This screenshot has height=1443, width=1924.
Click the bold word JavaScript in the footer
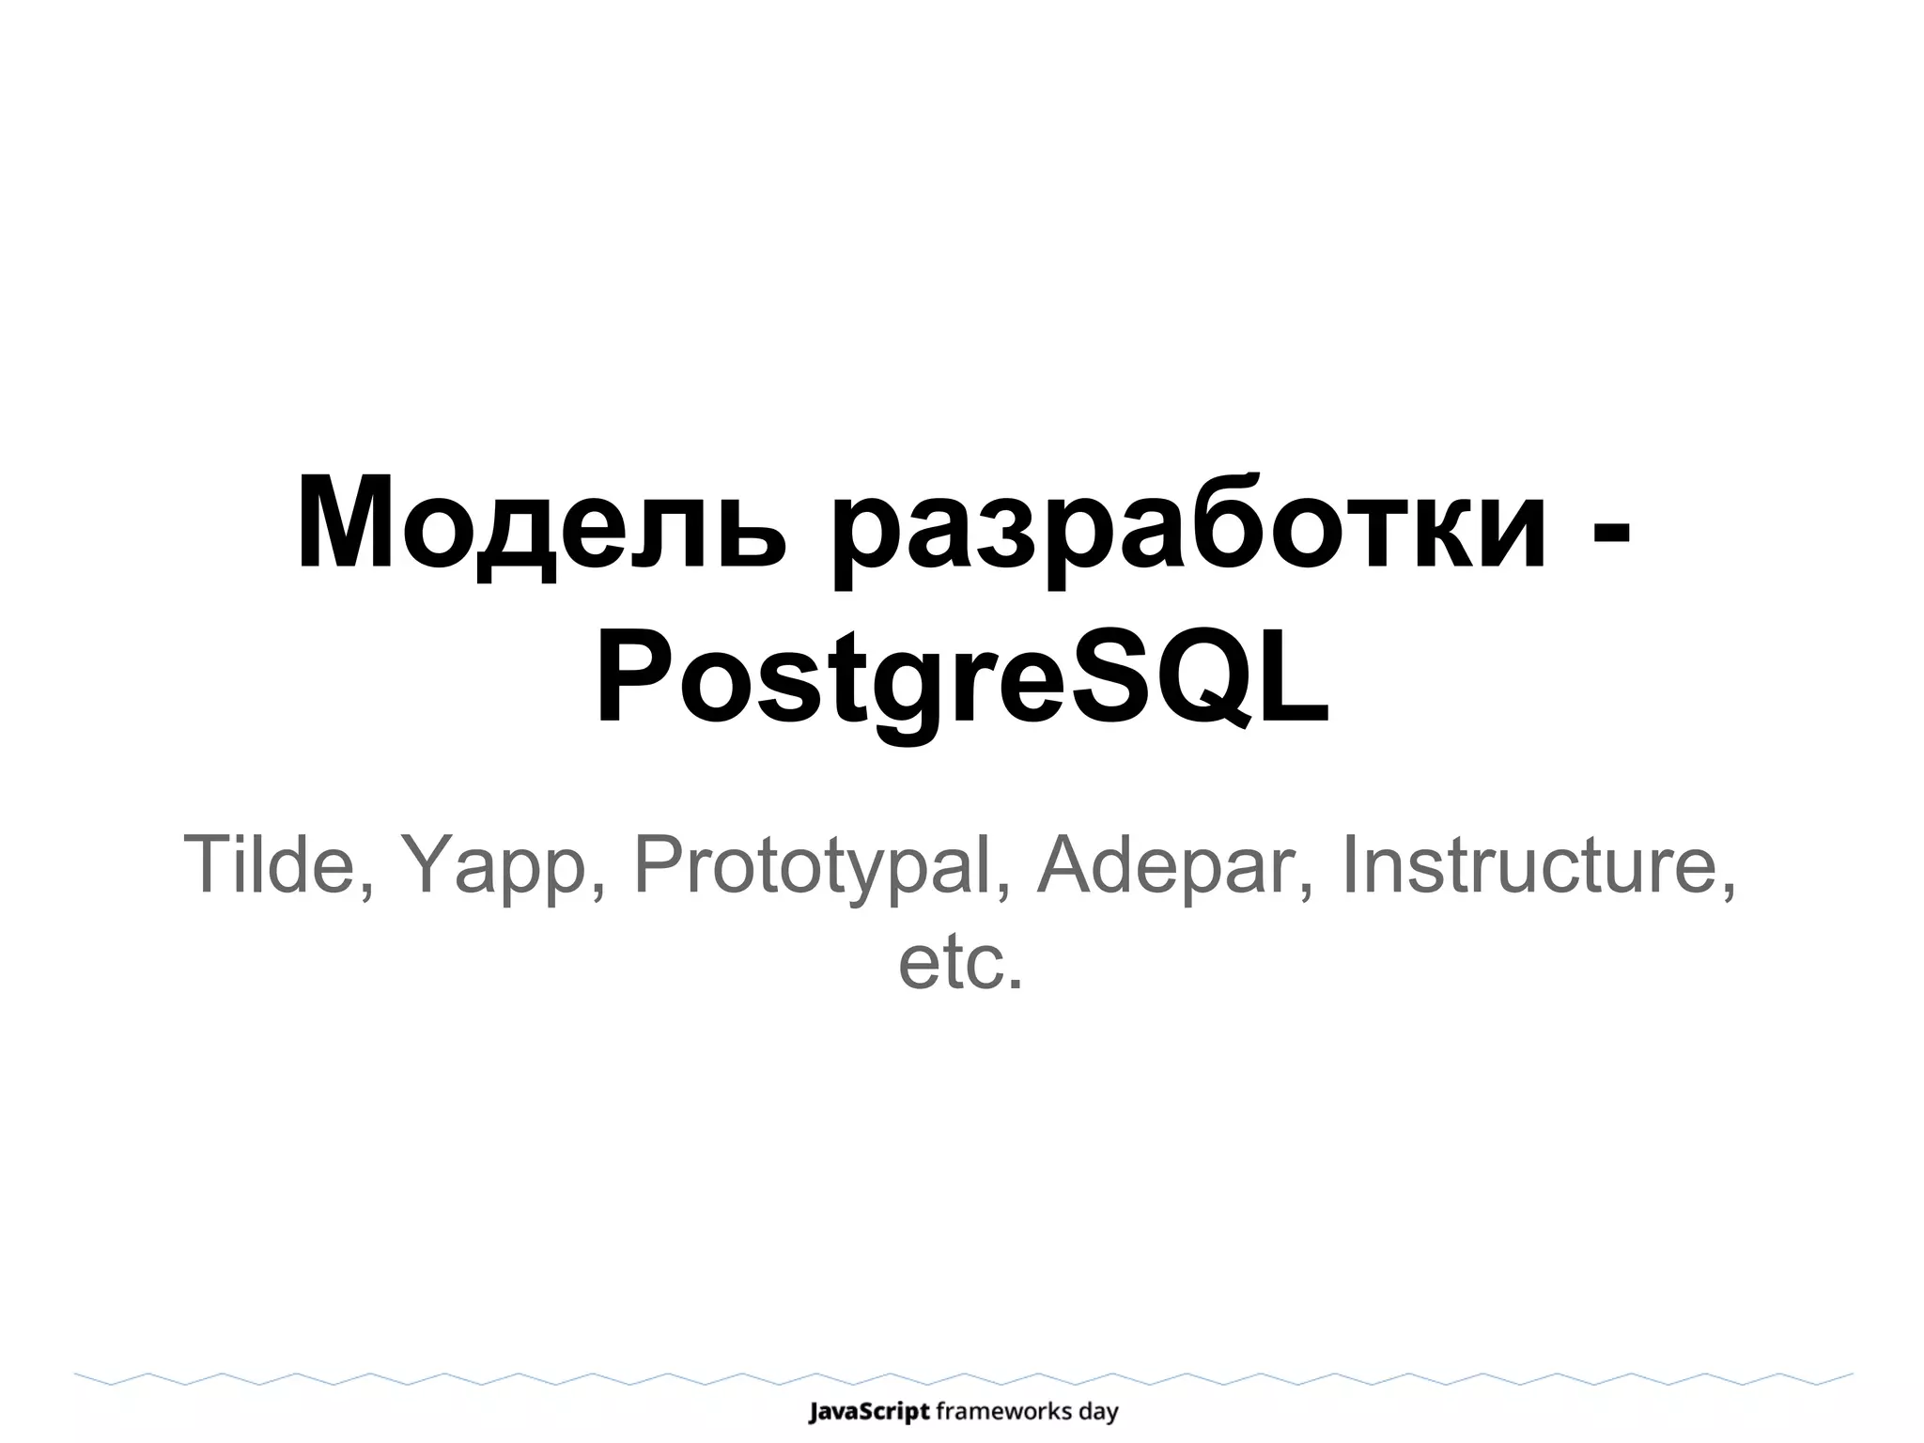point(869,1412)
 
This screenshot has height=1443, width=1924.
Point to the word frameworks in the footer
point(1004,1411)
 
